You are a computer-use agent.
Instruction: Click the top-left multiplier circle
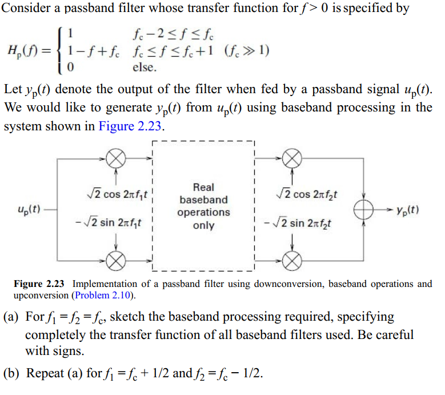pyautogui.click(x=116, y=157)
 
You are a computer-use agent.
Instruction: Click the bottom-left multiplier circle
pyautogui.click(x=116, y=261)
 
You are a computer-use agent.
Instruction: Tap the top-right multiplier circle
pyautogui.click(x=292, y=157)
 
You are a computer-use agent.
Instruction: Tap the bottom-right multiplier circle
pyautogui.click(x=292, y=261)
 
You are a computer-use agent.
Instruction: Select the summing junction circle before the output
pyautogui.click(x=363, y=209)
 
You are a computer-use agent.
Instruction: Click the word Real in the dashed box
pyautogui.click(x=203, y=187)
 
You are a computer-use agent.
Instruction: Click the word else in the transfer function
pyautogui.click(x=140, y=67)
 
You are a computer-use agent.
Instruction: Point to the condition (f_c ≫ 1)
pyautogui.click(x=247, y=50)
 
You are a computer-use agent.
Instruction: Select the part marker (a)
pyautogui.click(x=13, y=317)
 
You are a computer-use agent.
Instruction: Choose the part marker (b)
pyautogui.click(x=13, y=374)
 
